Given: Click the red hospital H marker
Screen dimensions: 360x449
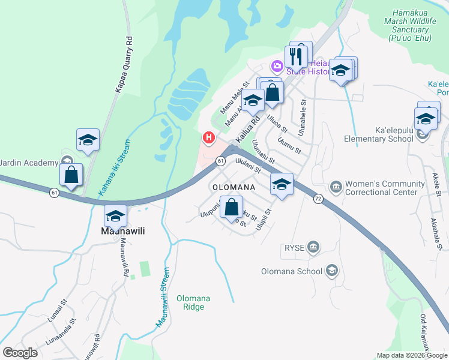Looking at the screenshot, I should [208, 139].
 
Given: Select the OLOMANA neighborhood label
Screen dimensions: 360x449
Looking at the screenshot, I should [235, 187].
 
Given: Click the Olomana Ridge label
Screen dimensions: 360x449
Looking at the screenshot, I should [190, 302].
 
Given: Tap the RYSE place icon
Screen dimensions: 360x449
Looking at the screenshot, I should [313, 247].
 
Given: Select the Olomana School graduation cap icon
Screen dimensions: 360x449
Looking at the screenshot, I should [331, 271].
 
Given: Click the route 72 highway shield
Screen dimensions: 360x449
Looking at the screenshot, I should [318, 198].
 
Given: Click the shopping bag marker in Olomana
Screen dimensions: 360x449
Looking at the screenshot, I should [232, 208].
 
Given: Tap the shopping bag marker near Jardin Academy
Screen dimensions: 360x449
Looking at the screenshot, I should [71, 175].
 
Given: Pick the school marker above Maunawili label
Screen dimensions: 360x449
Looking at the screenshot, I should [115, 216].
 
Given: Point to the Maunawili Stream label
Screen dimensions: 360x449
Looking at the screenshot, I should [163, 297].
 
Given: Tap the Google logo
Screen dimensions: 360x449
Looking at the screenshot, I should [20, 353].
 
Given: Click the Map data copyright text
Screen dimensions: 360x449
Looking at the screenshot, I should [411, 355].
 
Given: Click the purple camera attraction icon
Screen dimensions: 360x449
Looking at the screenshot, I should [277, 65].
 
